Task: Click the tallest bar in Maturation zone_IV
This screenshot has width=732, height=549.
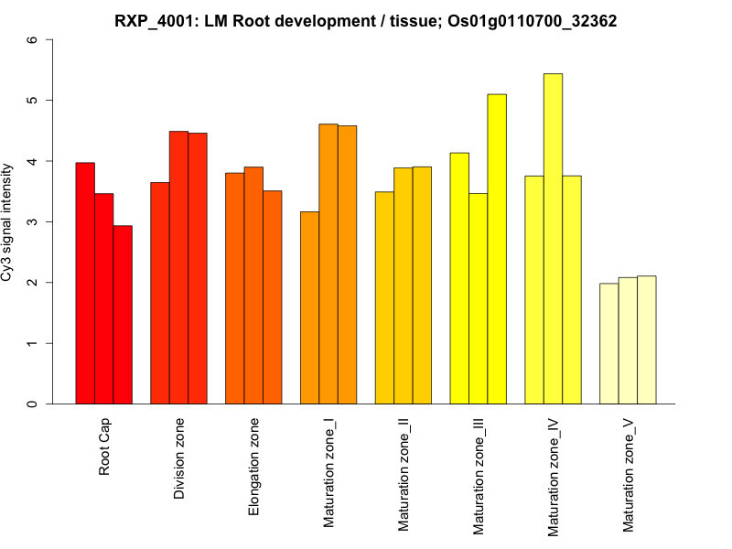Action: click(553, 238)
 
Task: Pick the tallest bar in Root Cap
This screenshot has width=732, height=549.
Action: click(85, 283)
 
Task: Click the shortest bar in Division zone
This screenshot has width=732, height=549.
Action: click(160, 293)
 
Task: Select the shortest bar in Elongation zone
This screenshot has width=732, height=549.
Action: click(272, 297)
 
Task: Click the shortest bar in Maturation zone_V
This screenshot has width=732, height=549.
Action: click(608, 343)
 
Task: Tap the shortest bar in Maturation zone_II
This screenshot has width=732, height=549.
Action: click(384, 297)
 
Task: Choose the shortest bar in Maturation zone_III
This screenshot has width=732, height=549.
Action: click(478, 298)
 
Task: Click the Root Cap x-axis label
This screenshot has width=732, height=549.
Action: click(105, 448)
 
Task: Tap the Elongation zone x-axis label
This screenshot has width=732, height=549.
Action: click(254, 467)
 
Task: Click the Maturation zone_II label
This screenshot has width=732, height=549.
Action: click(404, 474)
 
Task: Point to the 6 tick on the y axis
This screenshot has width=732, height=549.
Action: click(34, 40)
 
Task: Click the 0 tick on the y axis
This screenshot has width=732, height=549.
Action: click(34, 404)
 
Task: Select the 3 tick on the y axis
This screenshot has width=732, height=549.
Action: click(34, 222)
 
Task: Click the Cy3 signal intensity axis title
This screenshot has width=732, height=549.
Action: click(8, 222)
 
